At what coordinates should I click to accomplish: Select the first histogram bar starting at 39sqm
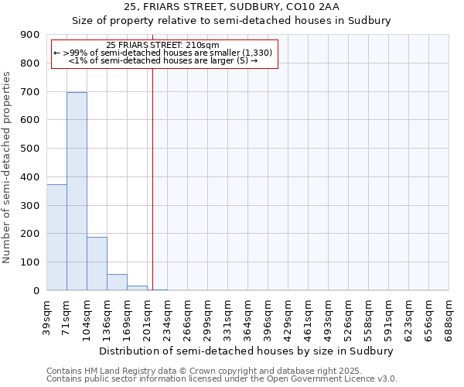56,237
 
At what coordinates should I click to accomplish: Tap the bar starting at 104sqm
97,263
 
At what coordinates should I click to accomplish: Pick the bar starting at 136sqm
117,282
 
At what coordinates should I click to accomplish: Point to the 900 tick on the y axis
32,35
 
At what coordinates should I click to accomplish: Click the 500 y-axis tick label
32,149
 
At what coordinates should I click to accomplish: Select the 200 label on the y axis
32,234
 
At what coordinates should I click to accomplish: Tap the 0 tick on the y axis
36,291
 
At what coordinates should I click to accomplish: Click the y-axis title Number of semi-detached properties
8,167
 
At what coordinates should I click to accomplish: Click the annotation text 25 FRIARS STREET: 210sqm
162,46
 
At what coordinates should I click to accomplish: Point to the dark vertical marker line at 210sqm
153,178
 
